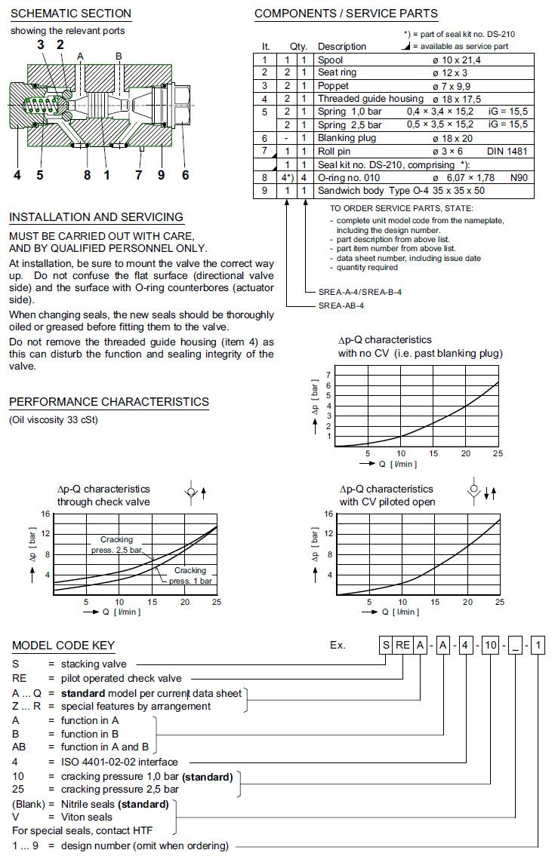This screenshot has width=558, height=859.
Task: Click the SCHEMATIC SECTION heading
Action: pyautogui.click(x=70, y=14)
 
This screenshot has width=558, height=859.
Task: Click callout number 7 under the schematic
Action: pyautogui.click(x=138, y=176)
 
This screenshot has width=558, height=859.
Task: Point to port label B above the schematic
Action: pyautogui.click(x=119, y=57)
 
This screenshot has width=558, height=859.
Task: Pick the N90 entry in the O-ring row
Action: pyautogui.click(x=517, y=177)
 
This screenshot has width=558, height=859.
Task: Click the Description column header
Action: pyautogui.click(x=341, y=47)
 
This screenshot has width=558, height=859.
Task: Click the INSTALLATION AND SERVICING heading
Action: pyautogui.click(x=96, y=217)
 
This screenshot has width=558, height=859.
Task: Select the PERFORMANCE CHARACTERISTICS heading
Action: pyautogui.click(x=109, y=402)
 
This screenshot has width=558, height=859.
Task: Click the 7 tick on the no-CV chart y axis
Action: pyautogui.click(x=328, y=375)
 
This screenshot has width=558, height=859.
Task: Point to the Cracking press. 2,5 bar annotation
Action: pyautogui.click(x=121, y=545)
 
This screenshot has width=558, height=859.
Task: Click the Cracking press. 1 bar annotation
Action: pyautogui.click(x=189, y=575)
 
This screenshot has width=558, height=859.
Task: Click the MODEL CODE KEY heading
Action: pyautogui.click(x=63, y=646)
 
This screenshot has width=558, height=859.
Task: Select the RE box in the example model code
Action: pyautogui.click(x=405, y=646)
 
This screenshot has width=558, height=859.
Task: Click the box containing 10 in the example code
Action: pyautogui.click(x=491, y=646)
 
